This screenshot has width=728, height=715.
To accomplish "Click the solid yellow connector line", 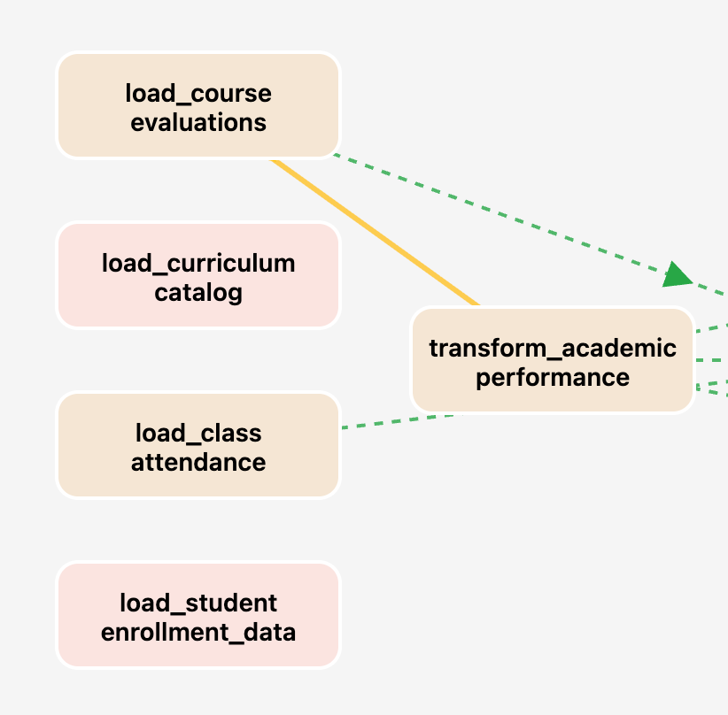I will click(x=376, y=232).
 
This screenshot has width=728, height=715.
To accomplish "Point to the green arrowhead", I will click(x=678, y=274).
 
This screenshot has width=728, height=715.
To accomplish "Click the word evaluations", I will click(x=198, y=122).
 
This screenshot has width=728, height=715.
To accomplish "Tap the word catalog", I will click(x=198, y=292).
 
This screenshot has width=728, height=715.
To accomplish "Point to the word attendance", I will click(x=198, y=462).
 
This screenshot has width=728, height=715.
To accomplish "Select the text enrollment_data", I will click(x=198, y=632).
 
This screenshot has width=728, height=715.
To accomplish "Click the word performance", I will click(x=553, y=377).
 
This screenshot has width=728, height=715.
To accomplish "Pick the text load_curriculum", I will click(x=198, y=263).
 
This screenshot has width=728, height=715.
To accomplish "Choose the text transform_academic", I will click(x=553, y=348).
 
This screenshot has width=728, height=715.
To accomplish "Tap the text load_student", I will click(x=198, y=603).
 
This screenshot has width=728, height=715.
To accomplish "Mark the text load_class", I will click(x=198, y=433).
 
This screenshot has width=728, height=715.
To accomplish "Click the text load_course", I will click(x=198, y=93).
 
